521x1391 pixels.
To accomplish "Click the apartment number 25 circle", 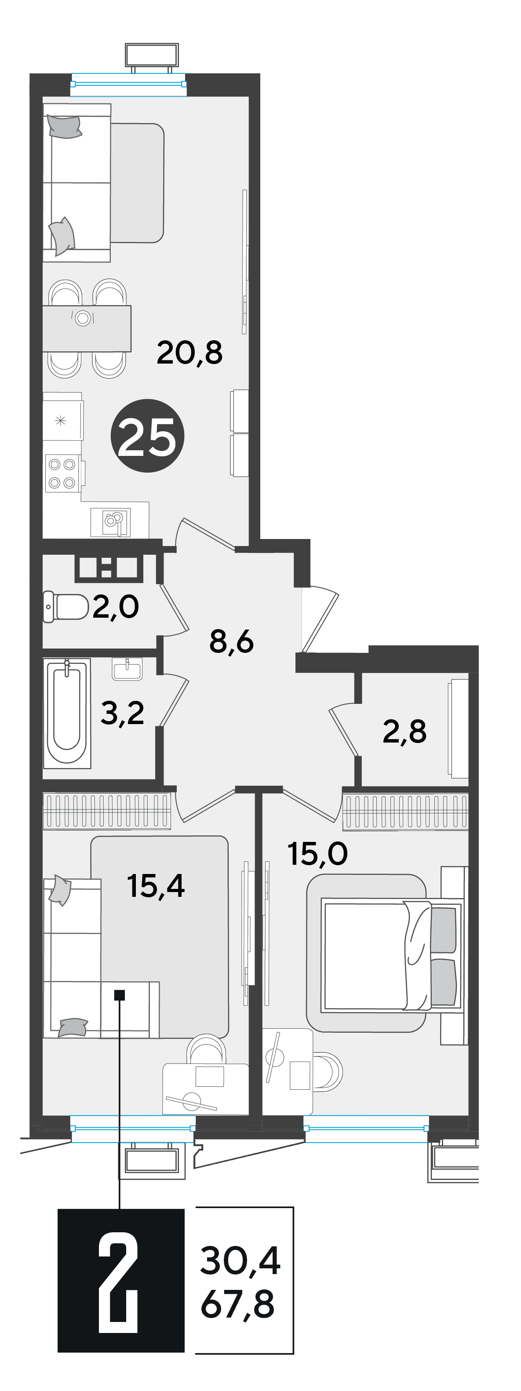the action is click(147, 436).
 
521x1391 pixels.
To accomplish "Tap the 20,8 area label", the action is click(189, 353).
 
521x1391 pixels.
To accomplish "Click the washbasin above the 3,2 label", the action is click(128, 669).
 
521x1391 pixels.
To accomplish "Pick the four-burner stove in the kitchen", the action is click(62, 473).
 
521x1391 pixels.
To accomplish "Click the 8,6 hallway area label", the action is click(231, 642).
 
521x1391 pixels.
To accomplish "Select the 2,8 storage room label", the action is click(404, 731).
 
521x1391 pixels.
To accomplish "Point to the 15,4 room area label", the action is click(156, 886).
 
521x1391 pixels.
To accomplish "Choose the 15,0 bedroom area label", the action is click(317, 854).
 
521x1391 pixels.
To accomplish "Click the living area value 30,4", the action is click(240, 1261).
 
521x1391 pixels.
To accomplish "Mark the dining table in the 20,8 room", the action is click(87, 328).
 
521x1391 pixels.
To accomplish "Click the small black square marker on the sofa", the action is click(120, 994).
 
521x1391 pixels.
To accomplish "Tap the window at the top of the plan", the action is click(128, 84).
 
